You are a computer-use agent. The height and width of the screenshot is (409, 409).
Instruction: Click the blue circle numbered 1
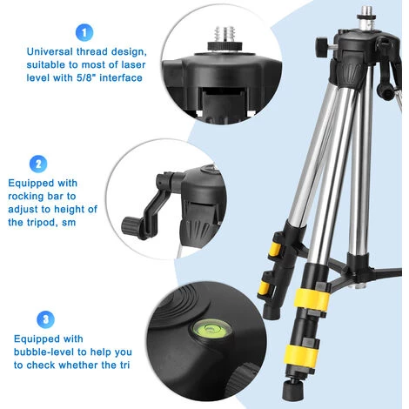84,32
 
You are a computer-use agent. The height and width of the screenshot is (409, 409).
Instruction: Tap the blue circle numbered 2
38,164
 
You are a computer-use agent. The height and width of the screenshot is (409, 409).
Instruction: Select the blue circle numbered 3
45,319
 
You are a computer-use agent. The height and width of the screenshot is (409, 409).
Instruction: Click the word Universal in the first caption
50,51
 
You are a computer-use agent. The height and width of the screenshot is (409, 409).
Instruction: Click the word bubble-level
45,352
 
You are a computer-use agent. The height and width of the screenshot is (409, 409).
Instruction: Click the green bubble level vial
211,329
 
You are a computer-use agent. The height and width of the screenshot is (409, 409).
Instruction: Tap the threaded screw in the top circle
225,36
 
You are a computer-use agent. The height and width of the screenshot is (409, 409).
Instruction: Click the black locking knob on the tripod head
322,47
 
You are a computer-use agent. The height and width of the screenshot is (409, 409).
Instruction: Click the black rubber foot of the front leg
292,389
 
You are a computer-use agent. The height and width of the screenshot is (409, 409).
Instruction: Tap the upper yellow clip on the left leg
274,249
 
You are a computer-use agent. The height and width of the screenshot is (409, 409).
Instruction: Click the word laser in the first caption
133,64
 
